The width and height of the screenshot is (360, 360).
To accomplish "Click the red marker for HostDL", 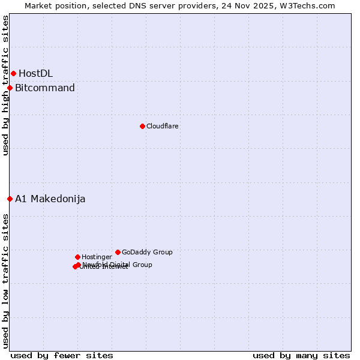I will tap(13, 73).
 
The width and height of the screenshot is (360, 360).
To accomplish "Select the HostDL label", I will tap(35, 73).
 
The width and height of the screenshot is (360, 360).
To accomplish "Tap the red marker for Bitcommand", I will tap(10, 88).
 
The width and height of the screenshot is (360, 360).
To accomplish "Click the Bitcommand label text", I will tap(45, 88).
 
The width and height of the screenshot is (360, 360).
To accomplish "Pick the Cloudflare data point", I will tap(142, 126).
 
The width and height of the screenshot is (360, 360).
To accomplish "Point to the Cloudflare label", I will tap(163, 126).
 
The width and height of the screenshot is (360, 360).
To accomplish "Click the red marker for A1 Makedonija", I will tap(10, 199).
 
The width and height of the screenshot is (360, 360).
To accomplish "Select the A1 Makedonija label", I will tap(50, 199).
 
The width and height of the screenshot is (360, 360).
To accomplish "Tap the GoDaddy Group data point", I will tap(118, 252).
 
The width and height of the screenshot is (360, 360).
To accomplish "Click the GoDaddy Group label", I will tap(147, 252).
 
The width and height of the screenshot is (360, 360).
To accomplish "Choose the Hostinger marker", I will tap(77, 257).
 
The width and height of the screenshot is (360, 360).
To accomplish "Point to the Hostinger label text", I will tap(97, 257).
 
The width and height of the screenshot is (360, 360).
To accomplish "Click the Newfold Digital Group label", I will tap(118, 264).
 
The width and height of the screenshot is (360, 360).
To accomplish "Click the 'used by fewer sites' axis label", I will tap(62, 355).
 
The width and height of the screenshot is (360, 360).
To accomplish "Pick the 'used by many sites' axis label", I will tap(301, 355).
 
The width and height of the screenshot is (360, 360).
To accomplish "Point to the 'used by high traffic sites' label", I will tap(6, 85).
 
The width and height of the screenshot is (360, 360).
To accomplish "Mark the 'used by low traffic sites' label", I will tap(6, 281).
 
